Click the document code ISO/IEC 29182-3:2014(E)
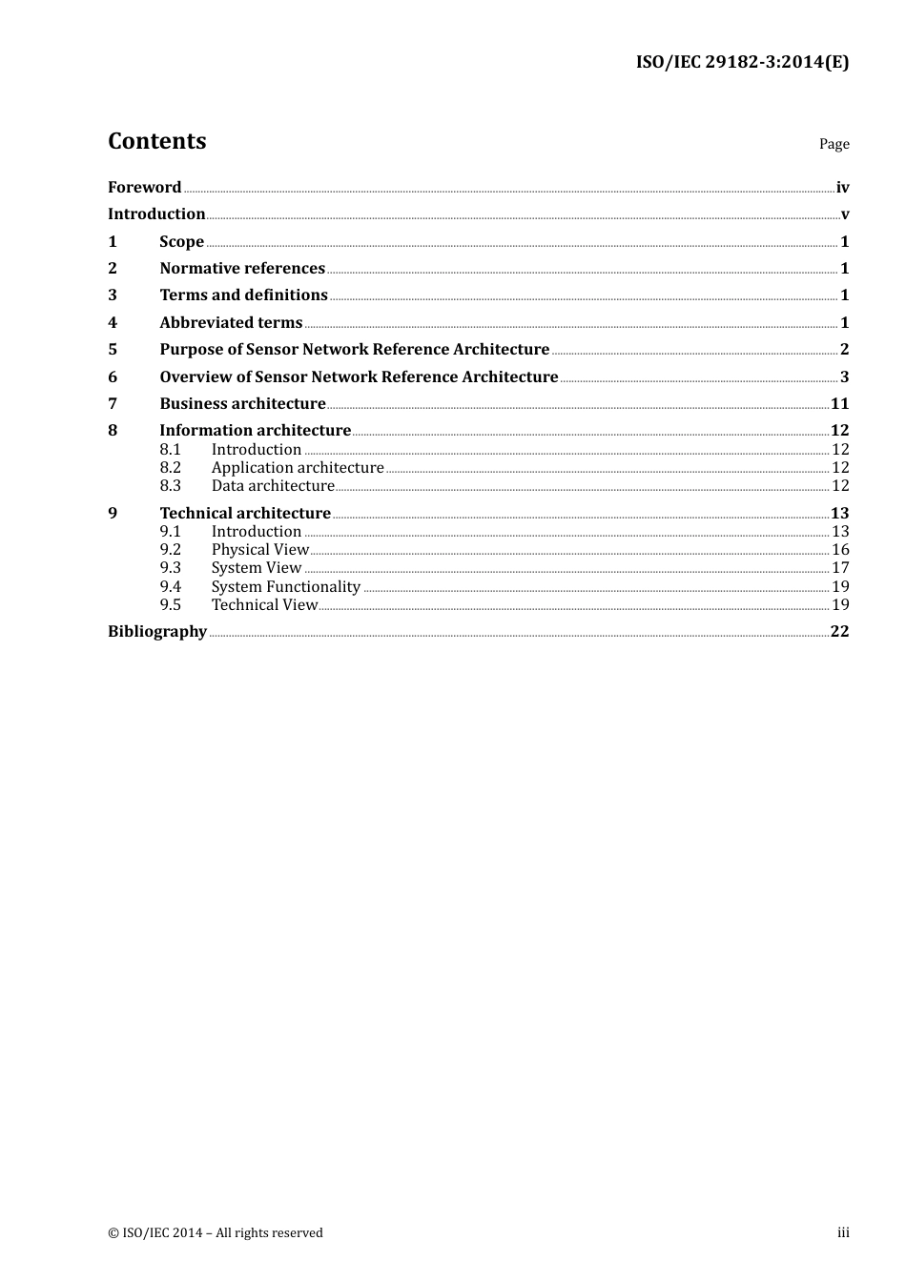[742, 63]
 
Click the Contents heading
[156, 141]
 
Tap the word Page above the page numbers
[834, 144]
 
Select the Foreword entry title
[144, 188]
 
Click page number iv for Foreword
[842, 188]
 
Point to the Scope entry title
[181, 242]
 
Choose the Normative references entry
[242, 269]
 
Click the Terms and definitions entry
[243, 295]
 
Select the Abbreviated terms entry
[231, 323]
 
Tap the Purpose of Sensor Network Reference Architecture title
[354, 350]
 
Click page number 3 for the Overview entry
[844, 377]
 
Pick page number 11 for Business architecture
[839, 404]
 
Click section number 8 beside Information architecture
[113, 431]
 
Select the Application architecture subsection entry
[297, 468]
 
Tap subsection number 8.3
[170, 486]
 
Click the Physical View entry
[259, 550]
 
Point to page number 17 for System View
[840, 568]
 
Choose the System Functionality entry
[285, 587]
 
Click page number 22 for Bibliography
[839, 632]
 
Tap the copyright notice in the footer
[216, 1233]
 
